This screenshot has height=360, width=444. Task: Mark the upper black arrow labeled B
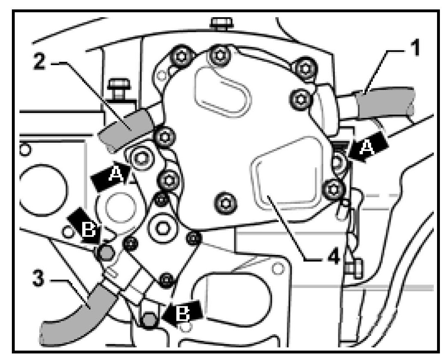coord(84,227)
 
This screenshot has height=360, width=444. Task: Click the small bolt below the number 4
coord(353,268)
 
